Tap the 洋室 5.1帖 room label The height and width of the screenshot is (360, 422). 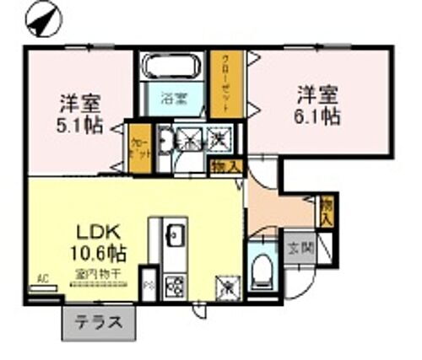(x=80, y=116)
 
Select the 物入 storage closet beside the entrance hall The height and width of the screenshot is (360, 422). (x=327, y=211)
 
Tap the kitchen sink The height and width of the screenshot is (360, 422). (x=176, y=234)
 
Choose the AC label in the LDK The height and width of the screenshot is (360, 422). (x=41, y=279)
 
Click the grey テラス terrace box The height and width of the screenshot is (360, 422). (x=98, y=321)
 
